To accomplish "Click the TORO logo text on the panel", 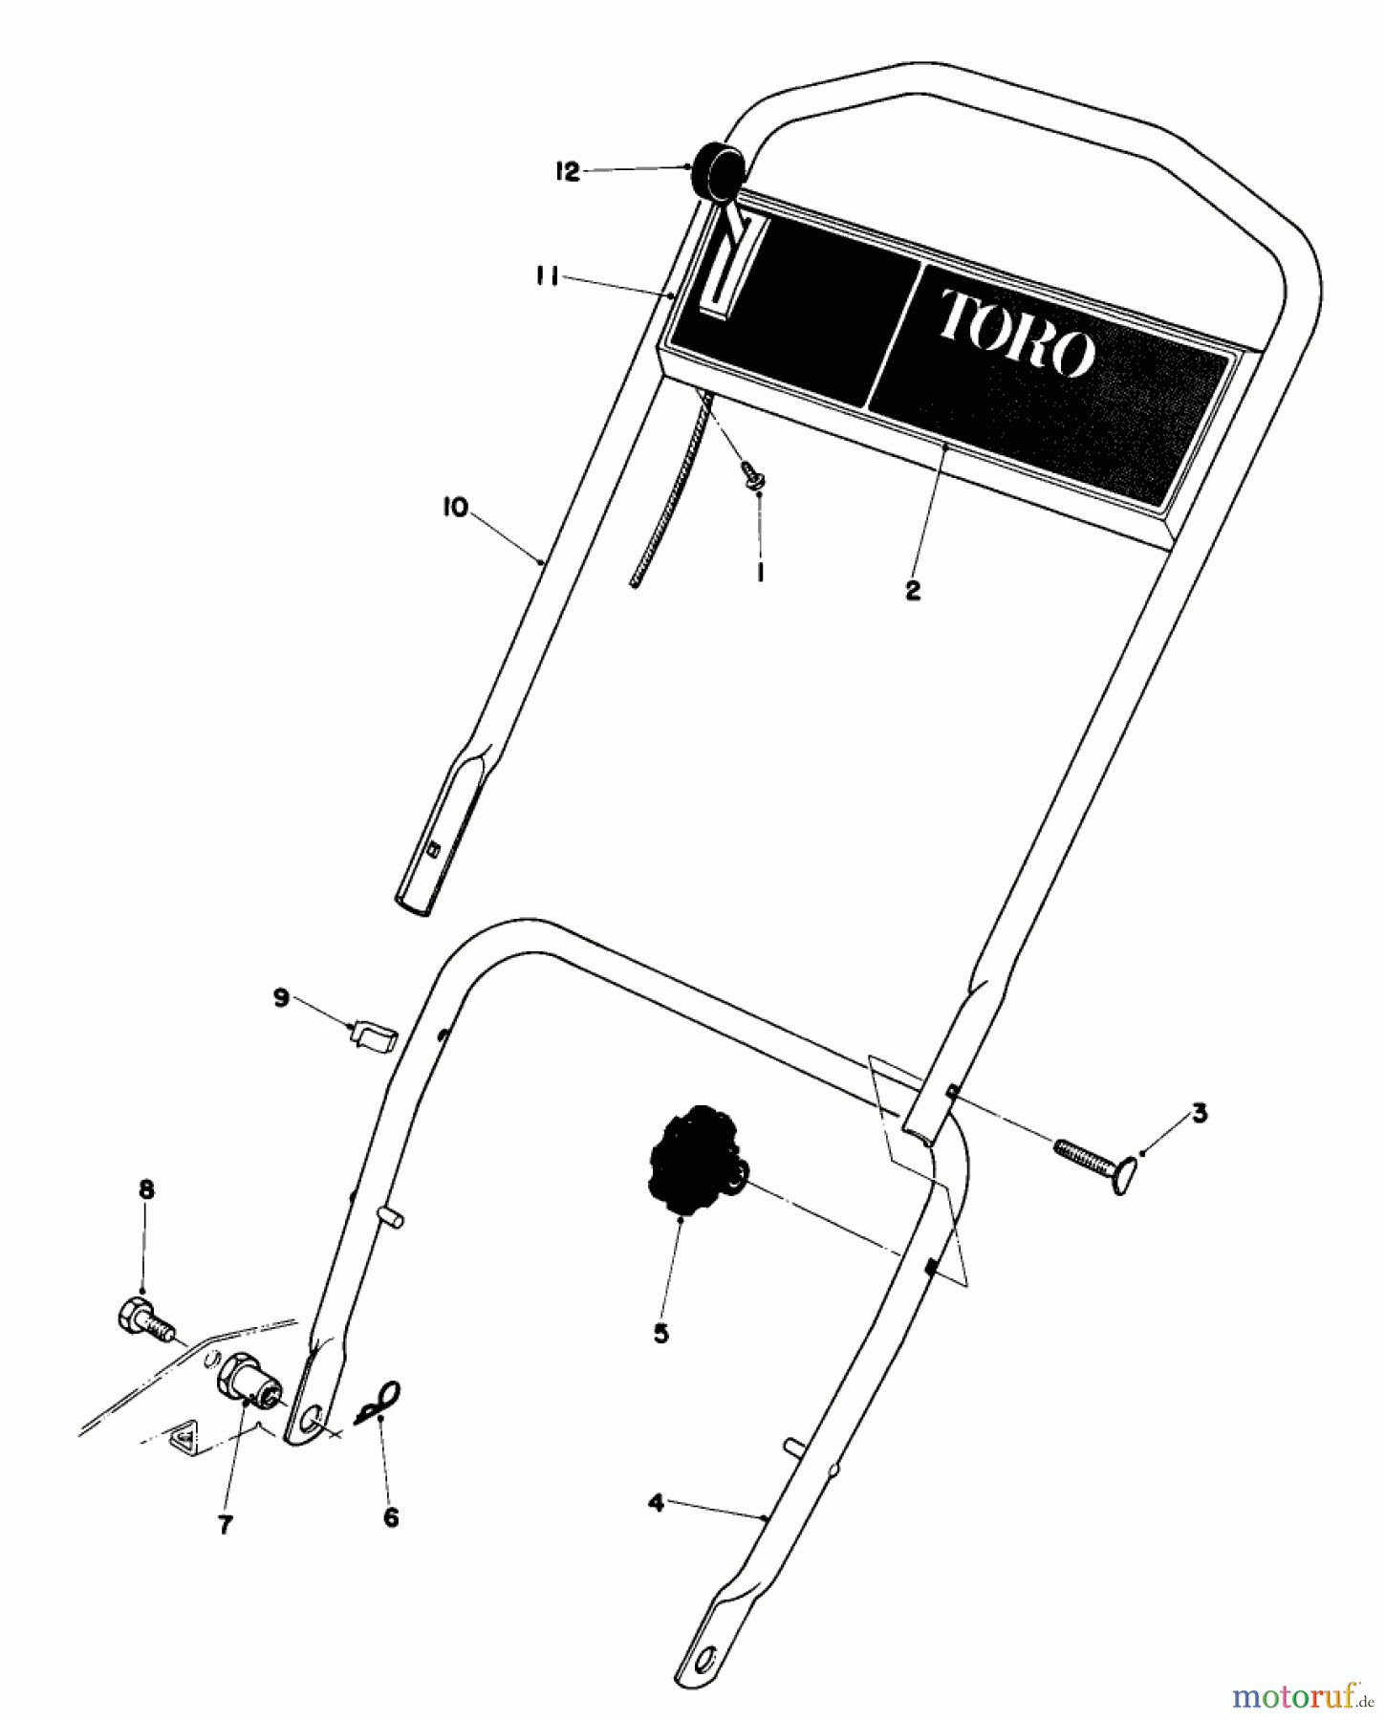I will (x=1016, y=333).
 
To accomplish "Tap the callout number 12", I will (x=567, y=172).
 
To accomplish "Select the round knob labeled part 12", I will (x=718, y=169).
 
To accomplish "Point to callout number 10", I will (x=456, y=508).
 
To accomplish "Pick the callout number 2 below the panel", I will (x=912, y=591).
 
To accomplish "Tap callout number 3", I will (x=1199, y=1113).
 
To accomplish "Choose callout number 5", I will (x=660, y=1334).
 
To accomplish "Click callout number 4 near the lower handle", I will (x=655, y=1503).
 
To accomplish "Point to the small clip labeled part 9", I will (x=374, y=1035).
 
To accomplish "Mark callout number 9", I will (x=280, y=998).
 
